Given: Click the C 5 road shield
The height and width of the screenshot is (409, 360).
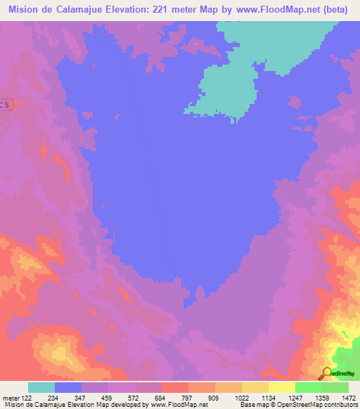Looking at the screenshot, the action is [x=5, y=105].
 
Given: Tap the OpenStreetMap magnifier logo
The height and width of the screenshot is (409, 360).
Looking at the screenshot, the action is [x=326, y=373].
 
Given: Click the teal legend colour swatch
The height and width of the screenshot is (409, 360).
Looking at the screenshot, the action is [x=41, y=387].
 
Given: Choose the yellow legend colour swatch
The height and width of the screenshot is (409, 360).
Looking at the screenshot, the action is [x=282, y=387].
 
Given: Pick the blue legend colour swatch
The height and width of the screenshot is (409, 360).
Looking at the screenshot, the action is [x=68, y=387].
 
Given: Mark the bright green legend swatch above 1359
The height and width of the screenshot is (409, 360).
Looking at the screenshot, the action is [x=309, y=387].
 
